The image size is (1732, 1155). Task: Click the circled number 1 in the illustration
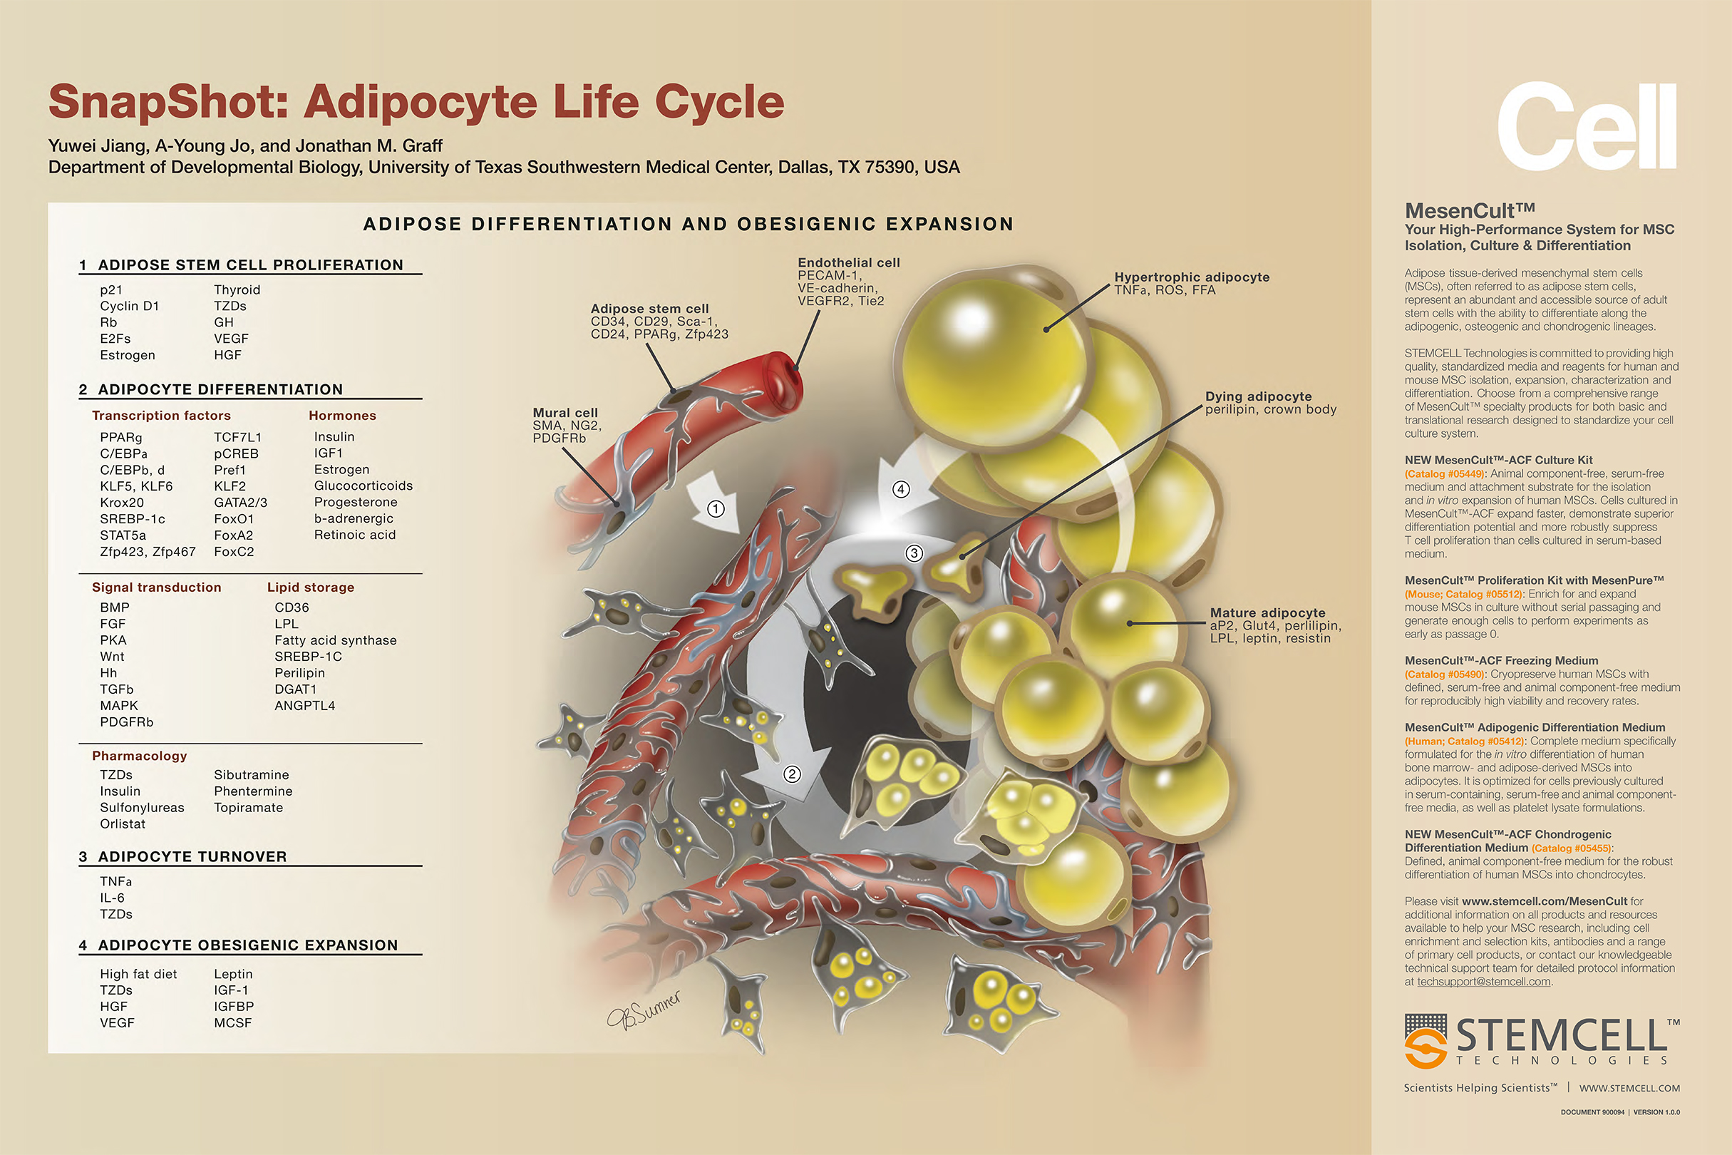[x=716, y=508]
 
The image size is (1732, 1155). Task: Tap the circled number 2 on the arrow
[x=792, y=774]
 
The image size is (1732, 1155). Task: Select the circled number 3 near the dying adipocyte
[x=914, y=553]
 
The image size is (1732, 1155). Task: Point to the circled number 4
[x=901, y=489]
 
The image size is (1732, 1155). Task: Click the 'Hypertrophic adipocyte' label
[x=1192, y=277]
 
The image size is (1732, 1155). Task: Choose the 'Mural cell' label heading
[x=565, y=413]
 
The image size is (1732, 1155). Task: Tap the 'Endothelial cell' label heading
[x=848, y=262]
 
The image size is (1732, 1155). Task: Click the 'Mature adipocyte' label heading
[x=1267, y=612]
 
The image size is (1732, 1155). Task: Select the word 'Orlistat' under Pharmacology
[x=123, y=823]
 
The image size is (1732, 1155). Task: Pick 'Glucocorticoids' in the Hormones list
[x=363, y=486]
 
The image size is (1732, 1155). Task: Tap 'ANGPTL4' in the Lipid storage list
[x=305, y=706]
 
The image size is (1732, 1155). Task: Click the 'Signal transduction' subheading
[x=156, y=587]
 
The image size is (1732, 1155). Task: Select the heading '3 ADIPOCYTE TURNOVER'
[x=182, y=857]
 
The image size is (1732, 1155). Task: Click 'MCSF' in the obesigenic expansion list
[x=232, y=1022]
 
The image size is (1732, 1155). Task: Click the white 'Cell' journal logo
[x=1587, y=127]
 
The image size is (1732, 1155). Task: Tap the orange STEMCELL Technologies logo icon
[x=1426, y=1041]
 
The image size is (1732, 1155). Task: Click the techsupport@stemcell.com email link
[x=1483, y=981]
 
